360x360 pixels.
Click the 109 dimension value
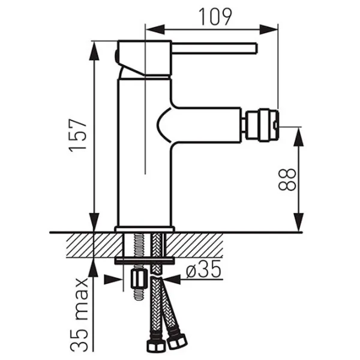click(215, 17)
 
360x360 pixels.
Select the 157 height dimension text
click(78, 136)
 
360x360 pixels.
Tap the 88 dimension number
click(287, 179)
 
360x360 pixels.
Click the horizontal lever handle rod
click(215, 49)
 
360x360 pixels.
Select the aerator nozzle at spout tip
click(262, 125)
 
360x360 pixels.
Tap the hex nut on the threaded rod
click(139, 279)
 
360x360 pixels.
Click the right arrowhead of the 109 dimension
click(269, 29)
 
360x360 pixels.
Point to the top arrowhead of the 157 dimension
click(94, 51)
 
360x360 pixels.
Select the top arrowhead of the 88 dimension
click(299, 137)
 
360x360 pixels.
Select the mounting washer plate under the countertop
click(145, 261)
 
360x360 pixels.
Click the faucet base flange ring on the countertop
click(145, 229)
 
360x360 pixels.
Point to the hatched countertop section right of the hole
click(194, 245)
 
